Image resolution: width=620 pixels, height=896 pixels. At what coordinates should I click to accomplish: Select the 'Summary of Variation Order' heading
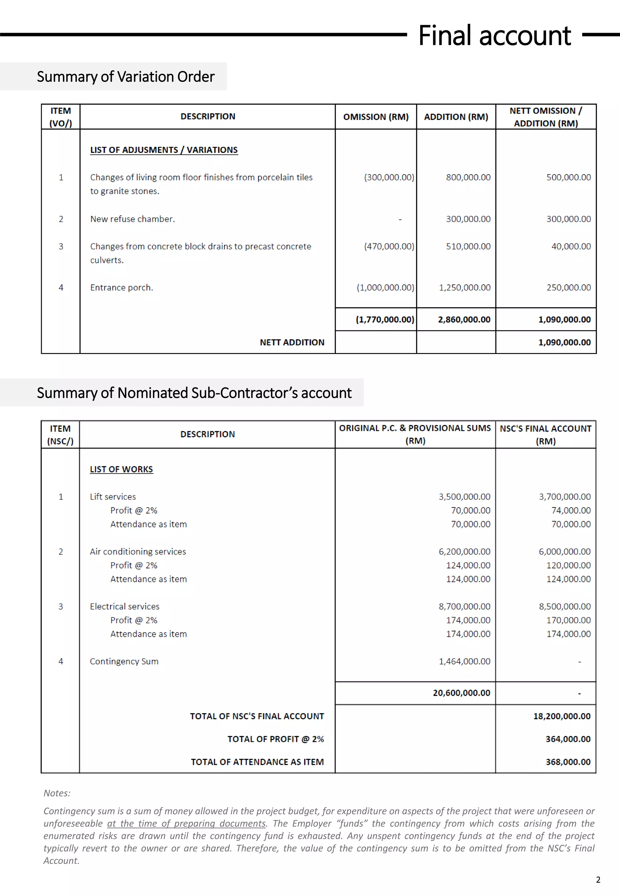coord(125,77)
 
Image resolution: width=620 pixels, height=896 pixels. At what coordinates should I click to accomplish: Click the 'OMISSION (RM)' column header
coord(376,117)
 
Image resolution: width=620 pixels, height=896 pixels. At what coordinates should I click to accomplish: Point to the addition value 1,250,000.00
coord(465,288)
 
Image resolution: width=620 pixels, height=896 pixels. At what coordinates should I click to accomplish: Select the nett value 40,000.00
coord(571,246)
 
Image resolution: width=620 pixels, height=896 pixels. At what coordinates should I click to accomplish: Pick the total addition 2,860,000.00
coord(464,319)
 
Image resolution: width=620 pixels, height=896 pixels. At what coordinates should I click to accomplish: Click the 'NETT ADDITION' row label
coord(292,342)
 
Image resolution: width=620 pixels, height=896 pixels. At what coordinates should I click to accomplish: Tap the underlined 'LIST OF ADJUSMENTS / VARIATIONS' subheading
coord(164,150)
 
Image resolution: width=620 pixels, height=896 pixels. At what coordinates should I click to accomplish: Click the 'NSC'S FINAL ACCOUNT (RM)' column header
coord(546,435)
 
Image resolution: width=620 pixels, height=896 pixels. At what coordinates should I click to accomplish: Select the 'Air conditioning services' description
coord(138,551)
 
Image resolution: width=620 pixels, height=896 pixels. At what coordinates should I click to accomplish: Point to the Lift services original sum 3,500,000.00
coord(465,497)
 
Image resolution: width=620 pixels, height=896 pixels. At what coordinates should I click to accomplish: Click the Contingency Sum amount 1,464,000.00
coord(465,661)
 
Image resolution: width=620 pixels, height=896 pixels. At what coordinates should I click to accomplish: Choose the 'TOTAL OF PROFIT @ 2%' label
coord(275,739)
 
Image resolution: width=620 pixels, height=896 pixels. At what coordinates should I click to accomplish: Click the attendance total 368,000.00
coord(568,762)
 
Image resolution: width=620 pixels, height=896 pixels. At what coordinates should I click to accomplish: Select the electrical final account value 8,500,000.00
coord(565,607)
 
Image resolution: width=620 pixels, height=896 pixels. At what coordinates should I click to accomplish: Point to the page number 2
coord(598,880)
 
